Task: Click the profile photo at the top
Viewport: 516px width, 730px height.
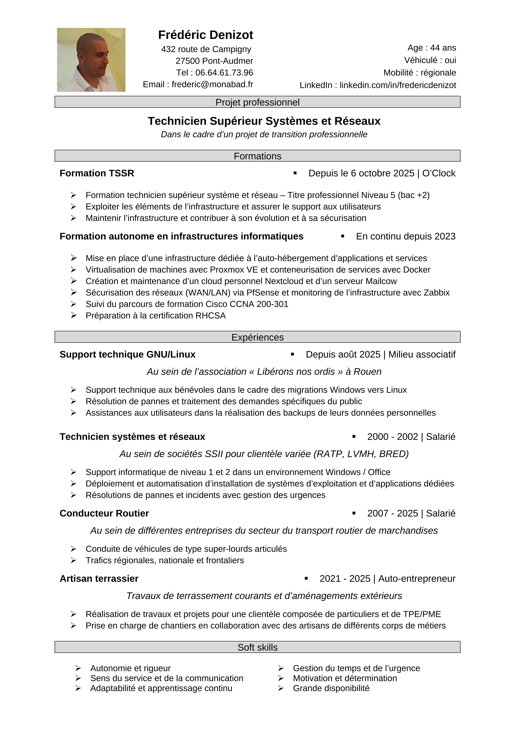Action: (x=91, y=60)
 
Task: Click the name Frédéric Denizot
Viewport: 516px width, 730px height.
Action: (x=206, y=35)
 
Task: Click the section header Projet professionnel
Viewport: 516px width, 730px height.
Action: (x=257, y=102)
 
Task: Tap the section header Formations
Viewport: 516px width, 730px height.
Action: (x=257, y=156)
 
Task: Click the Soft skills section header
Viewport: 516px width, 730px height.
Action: (x=257, y=647)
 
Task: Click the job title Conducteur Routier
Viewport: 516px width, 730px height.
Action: (x=104, y=514)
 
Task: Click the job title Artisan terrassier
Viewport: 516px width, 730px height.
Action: (x=99, y=579)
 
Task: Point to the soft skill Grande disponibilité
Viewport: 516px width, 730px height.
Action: (x=331, y=688)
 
